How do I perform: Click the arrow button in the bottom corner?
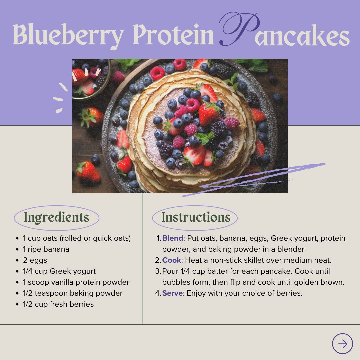342,344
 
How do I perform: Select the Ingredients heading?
56,217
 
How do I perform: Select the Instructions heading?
196,217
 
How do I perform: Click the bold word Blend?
173,238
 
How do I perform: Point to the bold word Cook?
172,260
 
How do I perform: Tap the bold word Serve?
172,293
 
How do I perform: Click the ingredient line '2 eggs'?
35,260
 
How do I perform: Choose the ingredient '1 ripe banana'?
46,249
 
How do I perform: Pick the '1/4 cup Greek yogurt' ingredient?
59,271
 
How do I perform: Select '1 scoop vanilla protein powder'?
76,282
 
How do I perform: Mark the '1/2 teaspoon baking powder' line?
73,293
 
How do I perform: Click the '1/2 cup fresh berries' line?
58,304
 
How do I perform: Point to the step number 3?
157,271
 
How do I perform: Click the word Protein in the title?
173,34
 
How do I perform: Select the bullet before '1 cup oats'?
17,239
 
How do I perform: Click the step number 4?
158,293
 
